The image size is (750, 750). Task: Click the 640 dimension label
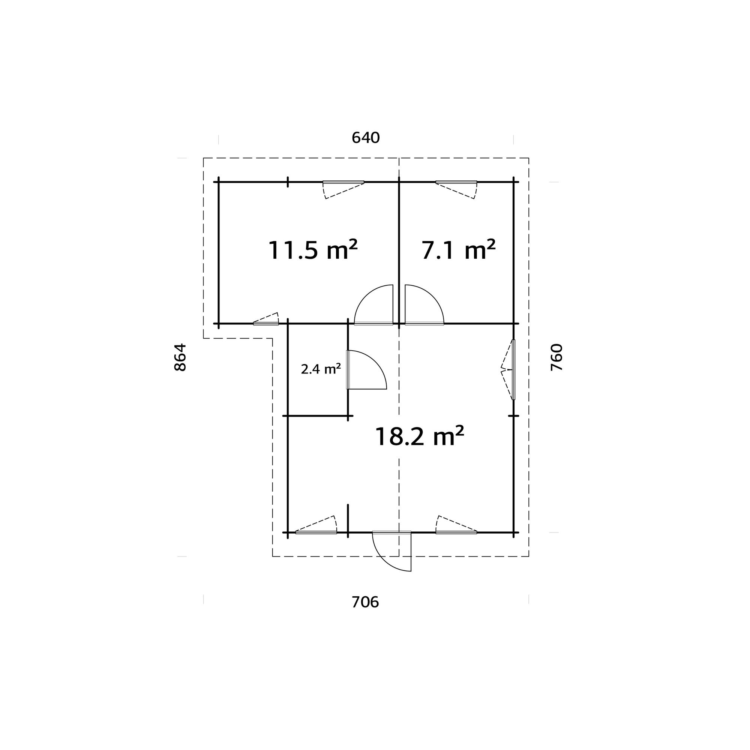[365, 138]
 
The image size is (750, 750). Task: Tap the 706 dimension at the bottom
[365, 602]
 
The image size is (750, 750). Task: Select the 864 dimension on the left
[180, 357]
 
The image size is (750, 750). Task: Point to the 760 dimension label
[556, 357]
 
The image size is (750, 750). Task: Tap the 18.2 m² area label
[419, 436]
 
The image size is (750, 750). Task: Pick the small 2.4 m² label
[321, 369]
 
